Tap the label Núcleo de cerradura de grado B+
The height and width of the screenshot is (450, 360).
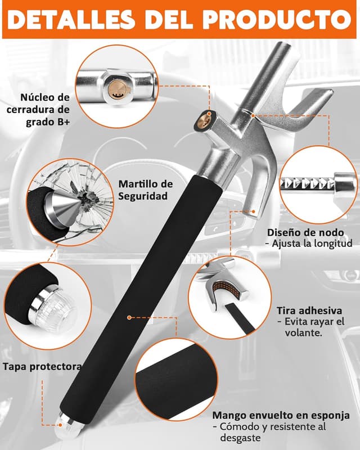pos(38,109)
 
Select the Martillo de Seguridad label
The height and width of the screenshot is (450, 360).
pos(146,190)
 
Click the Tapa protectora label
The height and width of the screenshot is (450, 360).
pos(43,367)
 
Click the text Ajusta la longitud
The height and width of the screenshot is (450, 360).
pos(312,244)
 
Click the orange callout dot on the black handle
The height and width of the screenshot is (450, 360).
pos(129,317)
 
